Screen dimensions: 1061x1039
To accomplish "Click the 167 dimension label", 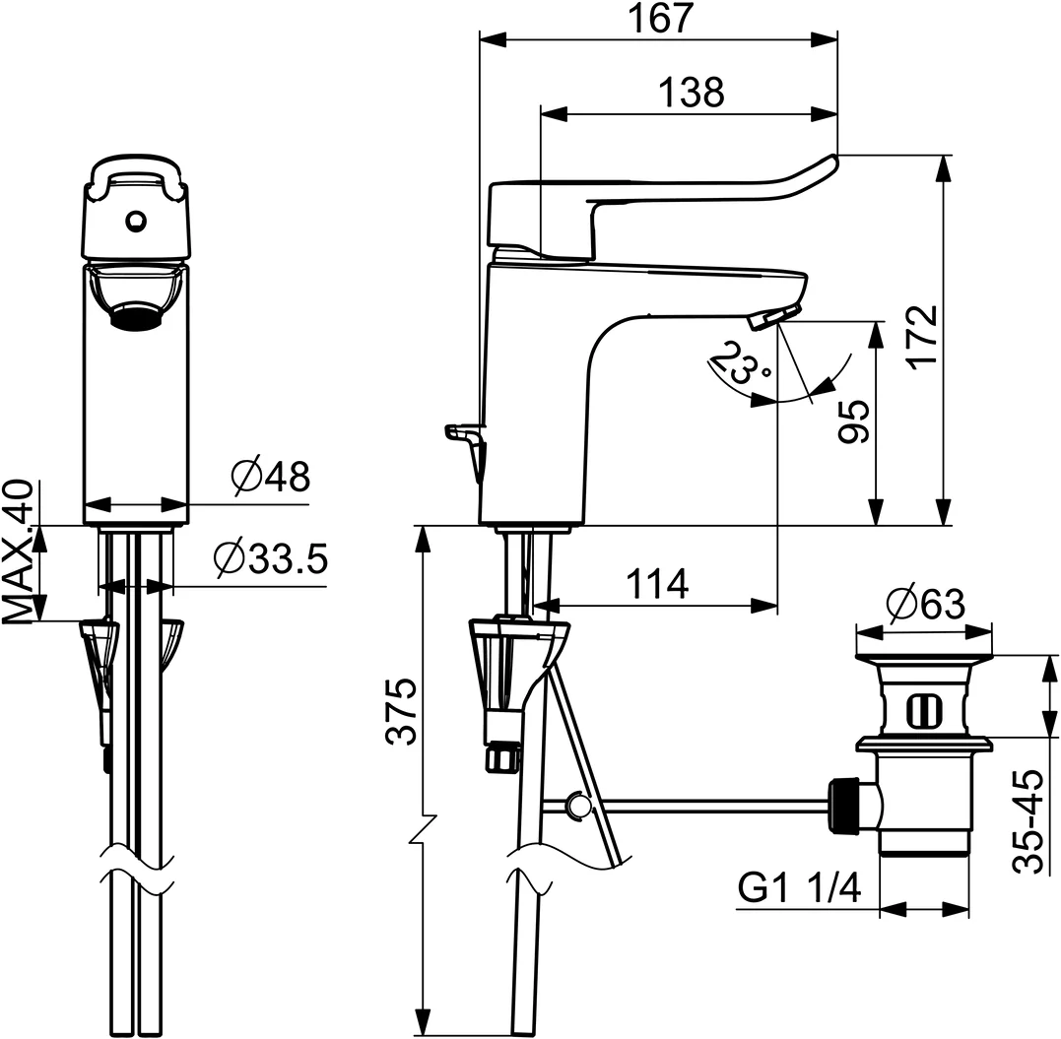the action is [661, 19].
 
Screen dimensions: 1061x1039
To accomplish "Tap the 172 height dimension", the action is [923, 337].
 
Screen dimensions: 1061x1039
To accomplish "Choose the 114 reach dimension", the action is [656, 584].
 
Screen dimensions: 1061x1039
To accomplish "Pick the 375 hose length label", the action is [401, 711].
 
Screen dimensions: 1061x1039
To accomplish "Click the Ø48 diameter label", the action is [269, 477].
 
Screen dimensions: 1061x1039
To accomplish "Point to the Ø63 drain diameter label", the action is [925, 604].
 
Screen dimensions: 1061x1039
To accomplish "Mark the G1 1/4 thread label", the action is [799, 888].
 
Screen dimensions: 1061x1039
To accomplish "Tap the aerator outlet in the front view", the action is [136, 315].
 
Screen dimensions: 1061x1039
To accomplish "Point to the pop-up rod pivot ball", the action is [578, 805].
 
